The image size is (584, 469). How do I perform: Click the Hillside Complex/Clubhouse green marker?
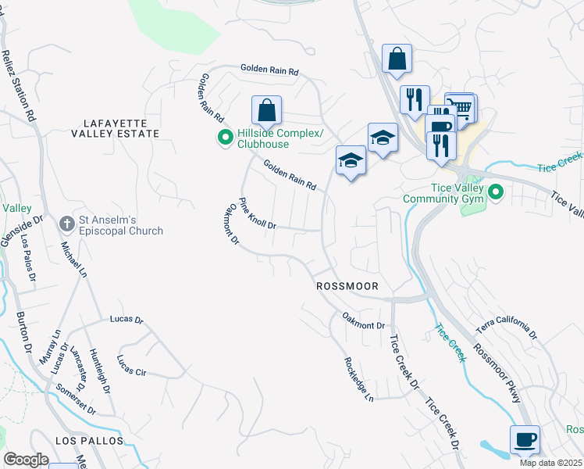click(x=225, y=139)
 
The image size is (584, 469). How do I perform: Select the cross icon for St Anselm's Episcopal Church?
click(x=67, y=224)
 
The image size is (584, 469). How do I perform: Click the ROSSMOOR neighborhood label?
click(x=347, y=287)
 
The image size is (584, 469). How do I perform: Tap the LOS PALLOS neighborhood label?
click(x=90, y=441)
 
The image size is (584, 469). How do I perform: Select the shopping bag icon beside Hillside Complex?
click(x=266, y=110)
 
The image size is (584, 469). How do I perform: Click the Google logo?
click(x=27, y=460)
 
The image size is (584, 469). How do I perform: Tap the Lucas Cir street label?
click(x=131, y=365)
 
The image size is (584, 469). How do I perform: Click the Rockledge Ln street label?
click(x=360, y=381)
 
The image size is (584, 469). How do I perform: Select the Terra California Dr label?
click(x=507, y=329)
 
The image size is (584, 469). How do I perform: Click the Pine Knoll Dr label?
click(x=258, y=213)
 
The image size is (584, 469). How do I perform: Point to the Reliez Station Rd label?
click(x=19, y=86)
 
